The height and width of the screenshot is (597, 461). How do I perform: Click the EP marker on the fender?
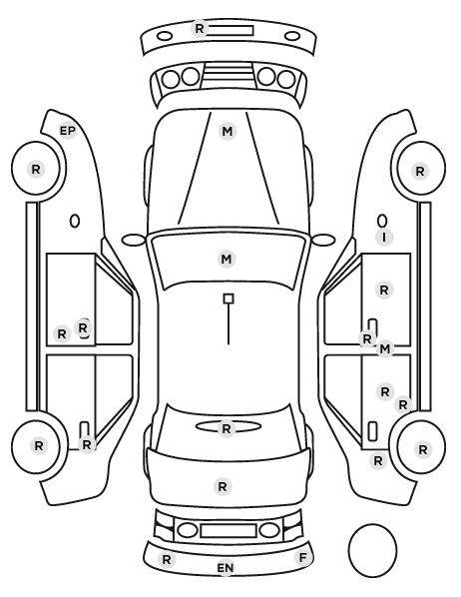point(68,131)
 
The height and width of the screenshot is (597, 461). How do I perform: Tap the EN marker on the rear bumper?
point(226,568)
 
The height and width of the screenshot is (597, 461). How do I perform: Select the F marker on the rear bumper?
point(303,558)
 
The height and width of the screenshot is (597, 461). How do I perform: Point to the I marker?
point(384,238)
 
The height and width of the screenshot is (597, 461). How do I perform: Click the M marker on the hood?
point(228,132)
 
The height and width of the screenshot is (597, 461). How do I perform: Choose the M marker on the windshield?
point(227,260)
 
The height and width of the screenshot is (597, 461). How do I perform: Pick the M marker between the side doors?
point(385,348)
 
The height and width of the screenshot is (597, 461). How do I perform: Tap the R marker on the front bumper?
point(200,29)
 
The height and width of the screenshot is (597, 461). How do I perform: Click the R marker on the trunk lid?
point(223,486)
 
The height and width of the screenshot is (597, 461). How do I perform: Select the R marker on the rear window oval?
point(227,429)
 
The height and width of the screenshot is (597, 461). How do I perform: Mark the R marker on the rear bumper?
point(167,560)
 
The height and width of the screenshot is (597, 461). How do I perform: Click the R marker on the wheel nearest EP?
point(36,169)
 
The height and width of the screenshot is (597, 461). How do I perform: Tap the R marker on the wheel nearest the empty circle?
point(423,450)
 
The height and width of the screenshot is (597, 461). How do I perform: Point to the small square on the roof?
point(229,298)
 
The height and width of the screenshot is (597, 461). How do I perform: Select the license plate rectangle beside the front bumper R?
point(230,31)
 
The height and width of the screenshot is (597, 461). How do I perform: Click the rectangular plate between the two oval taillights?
point(229,531)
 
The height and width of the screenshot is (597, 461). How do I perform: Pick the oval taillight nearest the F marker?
point(269,530)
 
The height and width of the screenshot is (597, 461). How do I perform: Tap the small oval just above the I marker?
point(382,222)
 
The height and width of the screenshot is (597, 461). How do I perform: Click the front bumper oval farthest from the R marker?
point(292,36)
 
